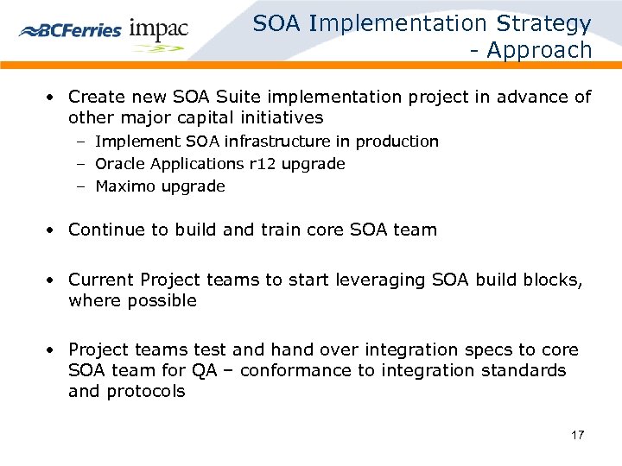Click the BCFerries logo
click(x=71, y=29)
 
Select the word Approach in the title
click(x=540, y=51)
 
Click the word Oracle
click(x=121, y=163)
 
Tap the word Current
click(x=101, y=280)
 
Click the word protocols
click(x=146, y=392)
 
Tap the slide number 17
click(x=577, y=435)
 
